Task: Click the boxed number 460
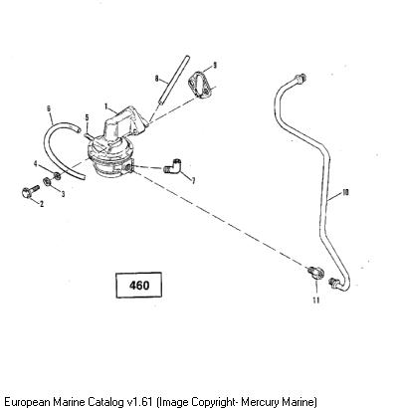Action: coord(139,286)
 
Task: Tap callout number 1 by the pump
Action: coord(106,106)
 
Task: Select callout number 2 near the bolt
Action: coord(42,204)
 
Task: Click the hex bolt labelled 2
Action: coord(30,192)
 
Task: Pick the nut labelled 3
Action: coord(47,182)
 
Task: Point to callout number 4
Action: coord(36,163)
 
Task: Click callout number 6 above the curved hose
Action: coord(49,108)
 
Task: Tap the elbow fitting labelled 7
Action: coord(173,165)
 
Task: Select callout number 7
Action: coord(193,180)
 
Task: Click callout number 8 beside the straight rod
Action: coord(157,79)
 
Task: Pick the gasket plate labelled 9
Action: coord(200,87)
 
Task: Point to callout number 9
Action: coord(215,65)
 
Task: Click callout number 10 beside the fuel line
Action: coord(345,192)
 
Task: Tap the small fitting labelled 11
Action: coord(313,273)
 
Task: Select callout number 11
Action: coord(316,301)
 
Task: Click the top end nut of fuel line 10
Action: coord(301,79)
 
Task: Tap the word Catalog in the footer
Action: coord(106,402)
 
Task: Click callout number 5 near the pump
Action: coord(87,117)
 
